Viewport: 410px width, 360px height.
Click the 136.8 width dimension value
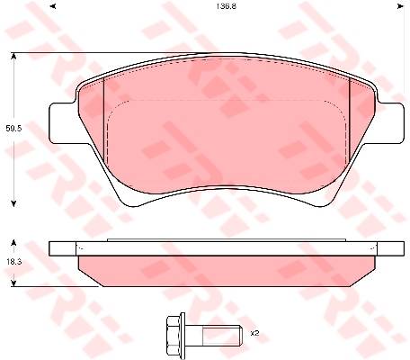(227, 6)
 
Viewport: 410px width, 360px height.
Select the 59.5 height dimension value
(13, 129)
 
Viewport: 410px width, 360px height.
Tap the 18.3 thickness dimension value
(13, 262)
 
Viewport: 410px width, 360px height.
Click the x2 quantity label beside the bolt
(254, 333)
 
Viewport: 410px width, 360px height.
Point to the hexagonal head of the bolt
(173, 333)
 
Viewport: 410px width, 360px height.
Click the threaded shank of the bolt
(222, 335)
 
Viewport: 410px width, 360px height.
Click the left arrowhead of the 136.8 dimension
(53, 6)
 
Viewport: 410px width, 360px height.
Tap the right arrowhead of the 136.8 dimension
(400, 6)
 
